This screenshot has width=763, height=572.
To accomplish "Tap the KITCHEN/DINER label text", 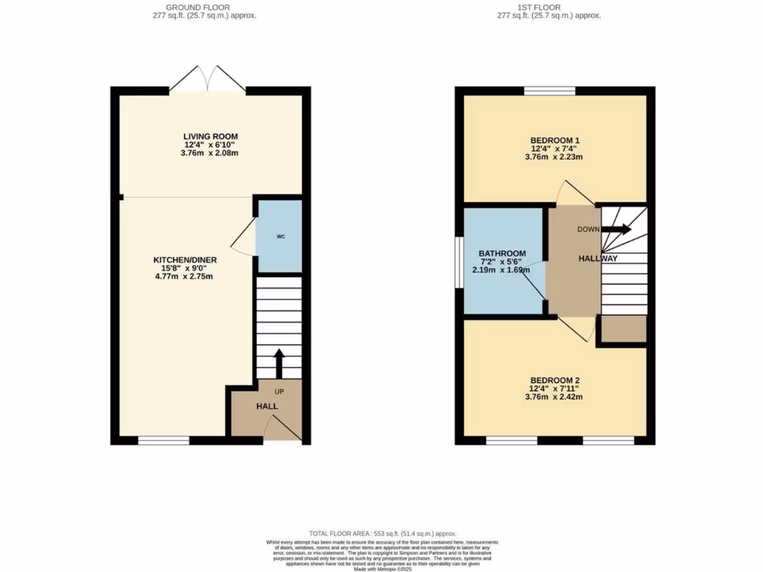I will [x=185, y=260].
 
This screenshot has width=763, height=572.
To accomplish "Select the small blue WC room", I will [x=279, y=237].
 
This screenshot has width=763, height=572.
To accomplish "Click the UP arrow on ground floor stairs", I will [x=279, y=364].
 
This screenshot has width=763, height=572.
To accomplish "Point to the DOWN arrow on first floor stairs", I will [x=615, y=229].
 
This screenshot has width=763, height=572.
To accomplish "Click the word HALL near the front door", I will [x=267, y=407].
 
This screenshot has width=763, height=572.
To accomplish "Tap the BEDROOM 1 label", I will [x=555, y=140].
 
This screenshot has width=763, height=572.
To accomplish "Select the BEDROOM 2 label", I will [x=555, y=380].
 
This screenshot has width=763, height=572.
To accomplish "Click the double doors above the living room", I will [x=208, y=78].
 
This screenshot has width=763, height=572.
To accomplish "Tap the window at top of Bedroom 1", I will [x=549, y=91].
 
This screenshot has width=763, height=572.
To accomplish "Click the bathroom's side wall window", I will [x=459, y=261].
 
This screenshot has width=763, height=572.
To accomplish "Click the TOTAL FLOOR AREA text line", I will [x=381, y=534].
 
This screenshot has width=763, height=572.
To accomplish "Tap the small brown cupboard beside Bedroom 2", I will [x=624, y=330].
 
